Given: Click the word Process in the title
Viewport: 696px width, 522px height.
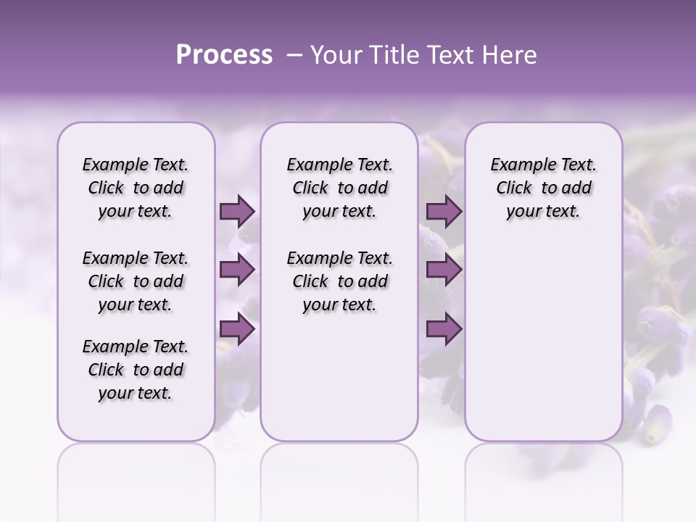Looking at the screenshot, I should click(224, 55).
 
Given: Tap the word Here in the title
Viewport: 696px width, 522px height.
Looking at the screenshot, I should click(511, 55).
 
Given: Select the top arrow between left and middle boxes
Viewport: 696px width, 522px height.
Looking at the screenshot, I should click(237, 212).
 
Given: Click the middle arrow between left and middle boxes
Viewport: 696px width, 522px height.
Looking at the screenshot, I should click(237, 270).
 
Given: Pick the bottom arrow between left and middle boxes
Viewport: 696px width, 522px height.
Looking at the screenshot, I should click(237, 329).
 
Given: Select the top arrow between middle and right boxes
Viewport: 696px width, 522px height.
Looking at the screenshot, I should click(444, 212).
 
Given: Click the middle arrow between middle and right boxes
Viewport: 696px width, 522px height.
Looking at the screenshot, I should click(444, 270).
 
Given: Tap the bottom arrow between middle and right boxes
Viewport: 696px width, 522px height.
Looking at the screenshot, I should click(444, 329).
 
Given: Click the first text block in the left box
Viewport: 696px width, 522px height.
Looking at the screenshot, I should click(136, 188).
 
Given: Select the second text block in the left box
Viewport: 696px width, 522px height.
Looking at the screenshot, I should click(136, 281).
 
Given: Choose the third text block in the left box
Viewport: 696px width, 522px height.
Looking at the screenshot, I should click(136, 370).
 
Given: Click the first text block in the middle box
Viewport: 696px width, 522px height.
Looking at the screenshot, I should click(339, 188).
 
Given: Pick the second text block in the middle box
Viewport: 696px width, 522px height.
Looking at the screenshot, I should click(339, 281).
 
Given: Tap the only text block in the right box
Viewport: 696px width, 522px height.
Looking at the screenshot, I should click(543, 188).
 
